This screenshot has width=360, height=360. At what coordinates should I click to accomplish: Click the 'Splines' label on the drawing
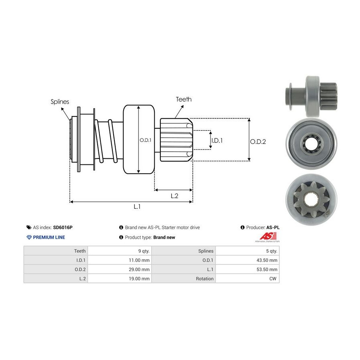point(60,102)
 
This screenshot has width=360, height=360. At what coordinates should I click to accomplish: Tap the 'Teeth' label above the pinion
point(184,99)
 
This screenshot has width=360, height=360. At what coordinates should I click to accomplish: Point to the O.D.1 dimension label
point(145,140)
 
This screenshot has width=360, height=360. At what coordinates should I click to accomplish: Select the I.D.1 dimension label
point(217,140)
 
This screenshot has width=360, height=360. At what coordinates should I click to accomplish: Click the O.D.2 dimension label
point(258,141)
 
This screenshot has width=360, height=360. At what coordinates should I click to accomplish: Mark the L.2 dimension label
point(174,196)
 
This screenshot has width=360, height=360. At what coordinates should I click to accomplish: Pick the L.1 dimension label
point(137,206)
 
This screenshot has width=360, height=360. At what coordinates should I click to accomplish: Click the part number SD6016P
point(63,227)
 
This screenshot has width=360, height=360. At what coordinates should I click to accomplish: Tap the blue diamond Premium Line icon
point(29,237)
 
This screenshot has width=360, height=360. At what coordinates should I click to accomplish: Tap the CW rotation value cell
point(273,278)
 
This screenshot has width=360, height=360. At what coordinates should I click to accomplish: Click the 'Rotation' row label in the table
point(204,278)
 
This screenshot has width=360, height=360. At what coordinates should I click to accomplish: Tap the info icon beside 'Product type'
point(121,237)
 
